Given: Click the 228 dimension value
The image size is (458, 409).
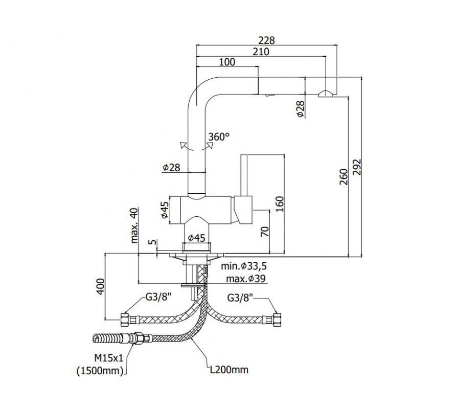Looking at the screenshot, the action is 267,40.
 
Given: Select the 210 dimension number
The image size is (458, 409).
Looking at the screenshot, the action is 261,52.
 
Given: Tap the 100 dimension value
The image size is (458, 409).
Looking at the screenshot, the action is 227,62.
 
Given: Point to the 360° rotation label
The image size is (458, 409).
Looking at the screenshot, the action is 219,137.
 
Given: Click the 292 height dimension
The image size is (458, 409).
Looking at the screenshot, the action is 357,167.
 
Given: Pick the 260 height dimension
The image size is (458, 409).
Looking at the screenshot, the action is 344,177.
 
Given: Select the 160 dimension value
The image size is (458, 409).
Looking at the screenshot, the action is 280,204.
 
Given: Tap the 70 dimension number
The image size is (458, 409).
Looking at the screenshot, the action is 264,232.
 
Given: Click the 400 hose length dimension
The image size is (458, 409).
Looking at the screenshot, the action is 100,287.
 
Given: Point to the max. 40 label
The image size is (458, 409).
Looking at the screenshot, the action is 134,225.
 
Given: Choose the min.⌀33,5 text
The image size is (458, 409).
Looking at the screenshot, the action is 244,266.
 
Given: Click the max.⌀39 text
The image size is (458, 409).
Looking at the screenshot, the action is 246,279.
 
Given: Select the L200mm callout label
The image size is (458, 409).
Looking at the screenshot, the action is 230,370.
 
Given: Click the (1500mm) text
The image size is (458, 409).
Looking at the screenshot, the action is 100,371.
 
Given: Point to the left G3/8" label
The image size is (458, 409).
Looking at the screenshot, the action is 158,298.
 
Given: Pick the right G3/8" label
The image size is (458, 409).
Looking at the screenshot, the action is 240,298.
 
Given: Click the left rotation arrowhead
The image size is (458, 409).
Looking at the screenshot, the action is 183,145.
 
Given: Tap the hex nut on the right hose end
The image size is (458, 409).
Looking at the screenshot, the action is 277,320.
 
